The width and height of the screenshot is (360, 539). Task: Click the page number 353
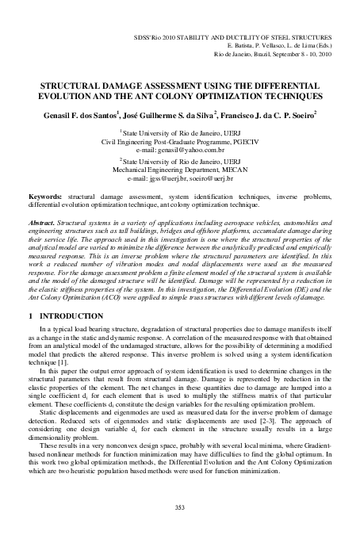[180, 507]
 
